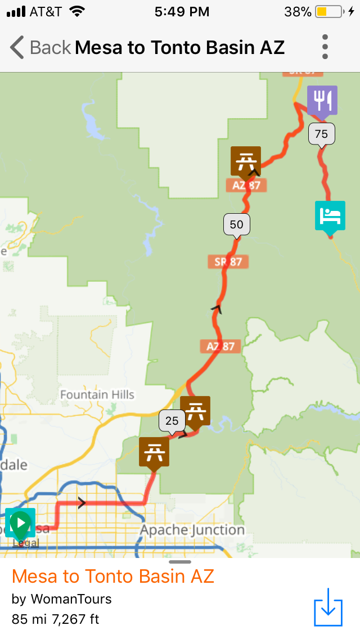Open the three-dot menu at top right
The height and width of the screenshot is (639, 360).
click(x=325, y=47)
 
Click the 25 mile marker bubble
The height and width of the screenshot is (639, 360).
click(x=172, y=420)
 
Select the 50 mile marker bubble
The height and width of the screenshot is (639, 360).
click(x=237, y=224)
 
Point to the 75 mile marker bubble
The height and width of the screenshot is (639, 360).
click(x=321, y=134)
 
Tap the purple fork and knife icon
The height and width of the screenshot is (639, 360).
click(x=322, y=101)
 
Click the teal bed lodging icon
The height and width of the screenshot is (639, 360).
click(x=330, y=216)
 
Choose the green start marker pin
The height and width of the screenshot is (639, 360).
click(x=20, y=523)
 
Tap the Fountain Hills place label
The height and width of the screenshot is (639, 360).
click(x=97, y=394)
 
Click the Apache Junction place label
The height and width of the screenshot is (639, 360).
click(x=192, y=530)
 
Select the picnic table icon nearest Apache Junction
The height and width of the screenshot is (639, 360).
click(x=154, y=452)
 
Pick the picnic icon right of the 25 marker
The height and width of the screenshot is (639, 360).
click(x=195, y=411)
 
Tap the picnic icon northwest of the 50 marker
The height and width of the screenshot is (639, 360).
click(x=246, y=161)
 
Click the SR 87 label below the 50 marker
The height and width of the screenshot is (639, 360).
click(x=231, y=262)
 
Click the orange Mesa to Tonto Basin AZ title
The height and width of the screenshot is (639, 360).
click(x=112, y=576)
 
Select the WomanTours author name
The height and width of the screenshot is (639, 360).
click(x=71, y=599)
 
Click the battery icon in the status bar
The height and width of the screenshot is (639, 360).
click(x=328, y=11)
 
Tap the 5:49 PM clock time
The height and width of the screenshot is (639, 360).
click(x=182, y=11)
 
